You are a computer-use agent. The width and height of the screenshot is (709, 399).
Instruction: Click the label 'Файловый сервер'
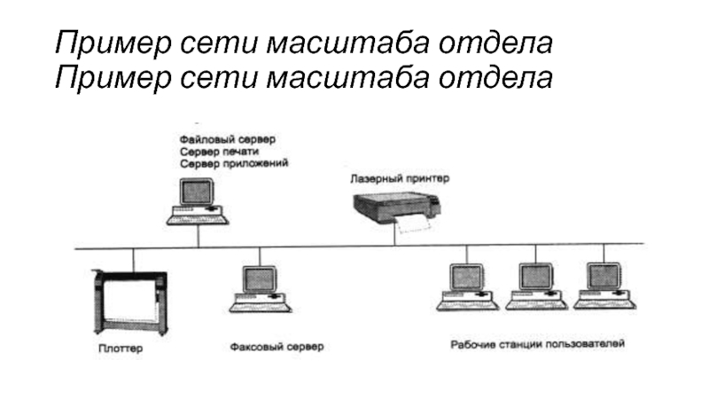228,139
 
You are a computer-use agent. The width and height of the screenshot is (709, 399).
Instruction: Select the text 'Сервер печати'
219,152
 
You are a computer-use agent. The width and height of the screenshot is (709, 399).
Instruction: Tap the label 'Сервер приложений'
234,163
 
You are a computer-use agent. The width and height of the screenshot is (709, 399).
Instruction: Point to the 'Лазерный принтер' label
400,178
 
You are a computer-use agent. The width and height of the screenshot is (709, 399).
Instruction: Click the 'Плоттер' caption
121,348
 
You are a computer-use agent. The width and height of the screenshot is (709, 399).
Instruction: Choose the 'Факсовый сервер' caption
277,347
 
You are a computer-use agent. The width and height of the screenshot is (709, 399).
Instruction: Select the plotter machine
130,302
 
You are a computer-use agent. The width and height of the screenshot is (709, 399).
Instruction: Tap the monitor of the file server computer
197,192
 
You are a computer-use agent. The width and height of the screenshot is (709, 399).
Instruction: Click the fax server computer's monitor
260,279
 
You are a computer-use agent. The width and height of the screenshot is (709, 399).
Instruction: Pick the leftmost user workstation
468,286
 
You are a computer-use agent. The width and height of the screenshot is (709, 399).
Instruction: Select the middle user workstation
536,286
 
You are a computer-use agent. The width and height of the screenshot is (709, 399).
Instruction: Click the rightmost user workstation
604,286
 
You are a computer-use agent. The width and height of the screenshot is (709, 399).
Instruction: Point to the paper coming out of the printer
412,224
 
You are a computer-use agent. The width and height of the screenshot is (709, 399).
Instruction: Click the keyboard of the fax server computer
260,307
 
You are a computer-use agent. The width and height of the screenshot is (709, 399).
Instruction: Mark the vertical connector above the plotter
134,260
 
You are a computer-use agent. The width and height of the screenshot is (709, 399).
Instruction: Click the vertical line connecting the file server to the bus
198,236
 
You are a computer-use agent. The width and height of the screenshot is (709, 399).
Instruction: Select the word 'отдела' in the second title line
495,77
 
